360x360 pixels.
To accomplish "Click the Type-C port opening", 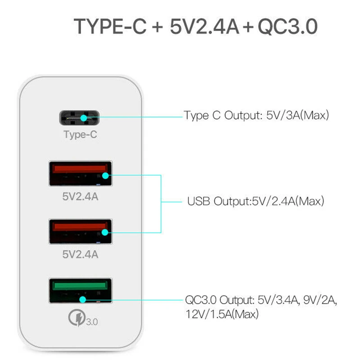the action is (x=80, y=119).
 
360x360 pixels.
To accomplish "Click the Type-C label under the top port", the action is (x=80, y=134).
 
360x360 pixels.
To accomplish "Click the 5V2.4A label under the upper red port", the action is (x=80, y=196).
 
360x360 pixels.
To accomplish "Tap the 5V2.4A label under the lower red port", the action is (x=80, y=255).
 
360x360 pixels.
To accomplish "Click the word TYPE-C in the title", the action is (x=110, y=27).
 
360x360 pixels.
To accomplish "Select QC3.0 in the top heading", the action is (x=288, y=27).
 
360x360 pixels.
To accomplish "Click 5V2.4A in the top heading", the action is (x=205, y=27).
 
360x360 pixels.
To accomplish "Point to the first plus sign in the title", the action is (x=157, y=27).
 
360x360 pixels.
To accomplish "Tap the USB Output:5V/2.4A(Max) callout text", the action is (x=255, y=201).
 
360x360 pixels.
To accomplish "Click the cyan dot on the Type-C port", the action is (x=84, y=119).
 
